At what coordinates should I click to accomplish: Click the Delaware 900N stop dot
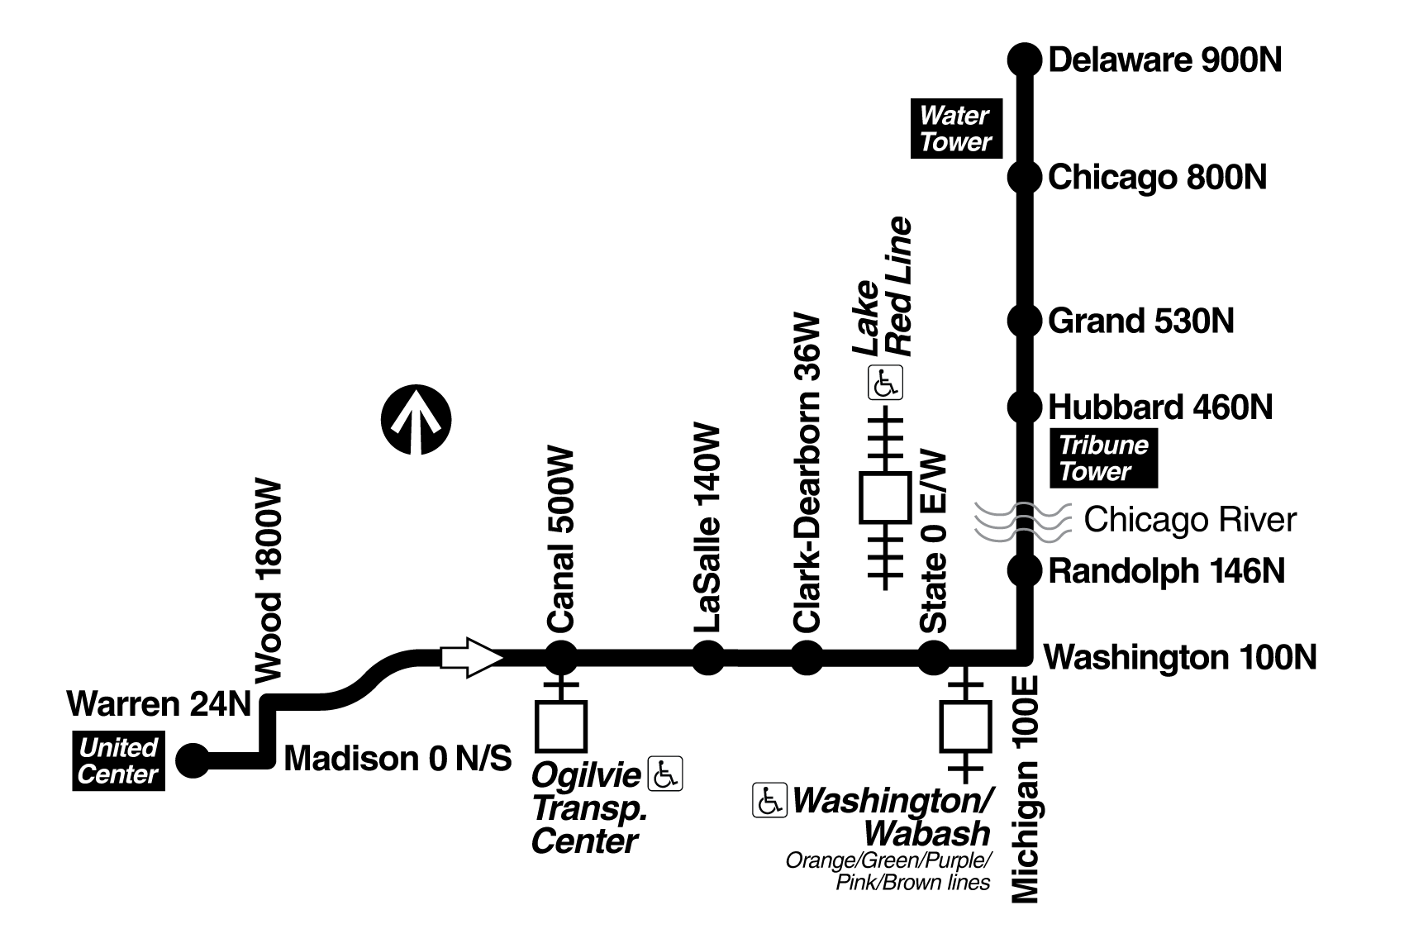click(x=1024, y=60)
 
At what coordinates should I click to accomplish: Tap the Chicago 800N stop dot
click(x=1024, y=177)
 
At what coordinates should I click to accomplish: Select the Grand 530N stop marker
click(x=1024, y=320)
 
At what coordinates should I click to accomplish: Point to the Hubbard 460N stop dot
click(x=1024, y=407)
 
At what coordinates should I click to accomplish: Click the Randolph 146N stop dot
click(x=1024, y=570)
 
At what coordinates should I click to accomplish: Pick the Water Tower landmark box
click(x=955, y=129)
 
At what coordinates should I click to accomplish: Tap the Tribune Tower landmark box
click(x=1103, y=459)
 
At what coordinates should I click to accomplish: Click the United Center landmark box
click(x=118, y=761)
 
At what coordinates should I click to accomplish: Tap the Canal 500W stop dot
click(x=561, y=658)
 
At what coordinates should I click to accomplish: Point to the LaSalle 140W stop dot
click(x=707, y=658)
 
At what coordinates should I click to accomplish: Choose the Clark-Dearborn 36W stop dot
click(x=807, y=658)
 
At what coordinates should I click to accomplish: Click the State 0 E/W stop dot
click(x=935, y=658)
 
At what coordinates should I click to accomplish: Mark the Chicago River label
click(x=1189, y=520)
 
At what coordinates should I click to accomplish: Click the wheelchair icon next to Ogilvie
click(x=665, y=774)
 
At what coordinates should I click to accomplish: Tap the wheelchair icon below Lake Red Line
click(x=885, y=384)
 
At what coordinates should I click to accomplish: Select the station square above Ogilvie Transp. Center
click(x=561, y=726)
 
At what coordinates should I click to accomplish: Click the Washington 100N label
click(x=1180, y=658)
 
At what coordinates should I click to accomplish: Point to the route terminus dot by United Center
click(x=194, y=760)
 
